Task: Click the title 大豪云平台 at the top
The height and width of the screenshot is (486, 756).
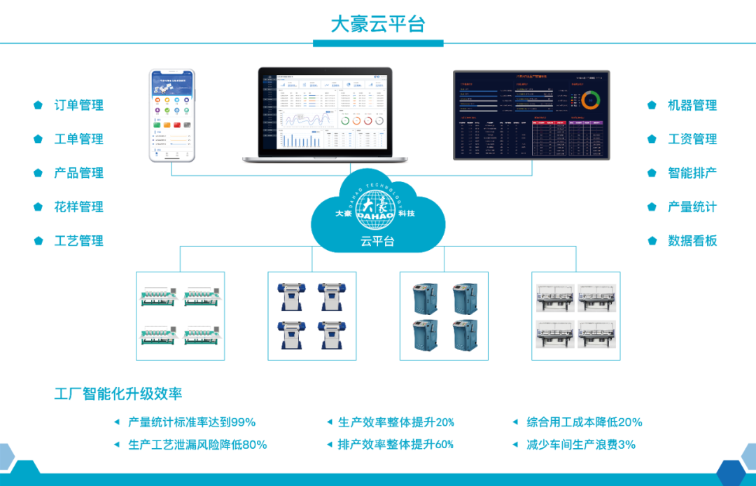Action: (377, 24)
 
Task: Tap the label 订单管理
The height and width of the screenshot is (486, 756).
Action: (78, 105)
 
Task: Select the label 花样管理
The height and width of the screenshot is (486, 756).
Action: (78, 207)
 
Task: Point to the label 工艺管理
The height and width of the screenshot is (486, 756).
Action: (78, 241)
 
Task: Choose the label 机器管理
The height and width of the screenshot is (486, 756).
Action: (692, 105)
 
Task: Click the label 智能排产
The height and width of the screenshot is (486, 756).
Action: (692, 173)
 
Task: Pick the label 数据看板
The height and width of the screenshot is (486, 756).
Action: (692, 241)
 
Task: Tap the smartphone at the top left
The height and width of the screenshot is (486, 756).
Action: (171, 115)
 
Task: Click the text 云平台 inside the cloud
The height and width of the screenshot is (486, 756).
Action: (377, 242)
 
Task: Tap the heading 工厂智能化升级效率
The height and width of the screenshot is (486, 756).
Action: (118, 394)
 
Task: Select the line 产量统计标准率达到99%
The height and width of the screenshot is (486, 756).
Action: (191, 422)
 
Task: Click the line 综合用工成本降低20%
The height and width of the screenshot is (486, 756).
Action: (584, 422)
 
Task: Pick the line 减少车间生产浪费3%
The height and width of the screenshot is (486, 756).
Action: (580, 445)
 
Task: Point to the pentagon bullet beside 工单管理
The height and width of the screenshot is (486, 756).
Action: (38, 139)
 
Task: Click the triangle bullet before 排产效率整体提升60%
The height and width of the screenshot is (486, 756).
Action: (330, 445)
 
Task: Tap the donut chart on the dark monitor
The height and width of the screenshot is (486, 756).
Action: (591, 99)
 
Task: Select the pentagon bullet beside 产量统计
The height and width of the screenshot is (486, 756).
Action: (652, 207)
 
